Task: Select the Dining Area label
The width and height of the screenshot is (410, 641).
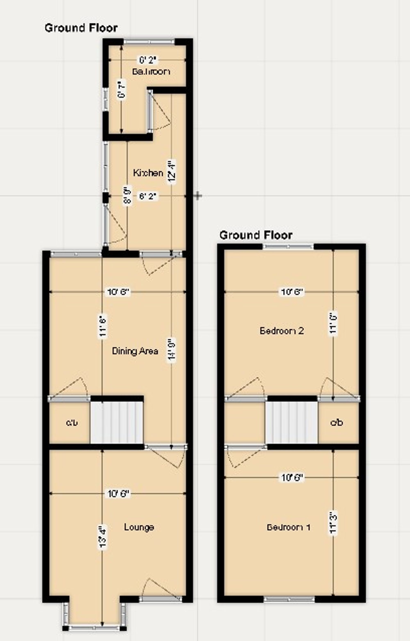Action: coord(135,351)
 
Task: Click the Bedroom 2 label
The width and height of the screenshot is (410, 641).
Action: coord(281,331)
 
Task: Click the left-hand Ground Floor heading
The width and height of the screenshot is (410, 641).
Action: coord(81,28)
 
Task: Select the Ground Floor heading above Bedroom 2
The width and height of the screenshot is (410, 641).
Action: coord(256,235)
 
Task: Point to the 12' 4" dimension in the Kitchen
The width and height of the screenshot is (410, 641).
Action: coord(171,172)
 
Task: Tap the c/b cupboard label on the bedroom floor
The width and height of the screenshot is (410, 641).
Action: coord(337,422)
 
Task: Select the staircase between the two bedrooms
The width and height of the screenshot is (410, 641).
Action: coord(292,422)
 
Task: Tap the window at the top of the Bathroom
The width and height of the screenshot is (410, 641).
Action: coord(149,42)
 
